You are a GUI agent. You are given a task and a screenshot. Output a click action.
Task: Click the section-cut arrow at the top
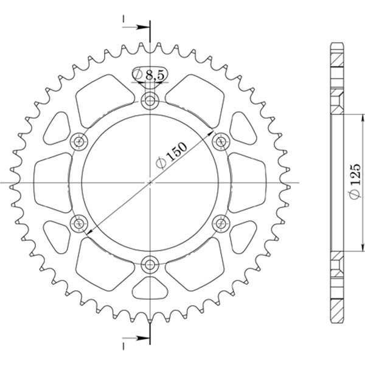click(137, 27)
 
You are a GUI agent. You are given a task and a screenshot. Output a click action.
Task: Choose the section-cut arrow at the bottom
click(137, 338)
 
